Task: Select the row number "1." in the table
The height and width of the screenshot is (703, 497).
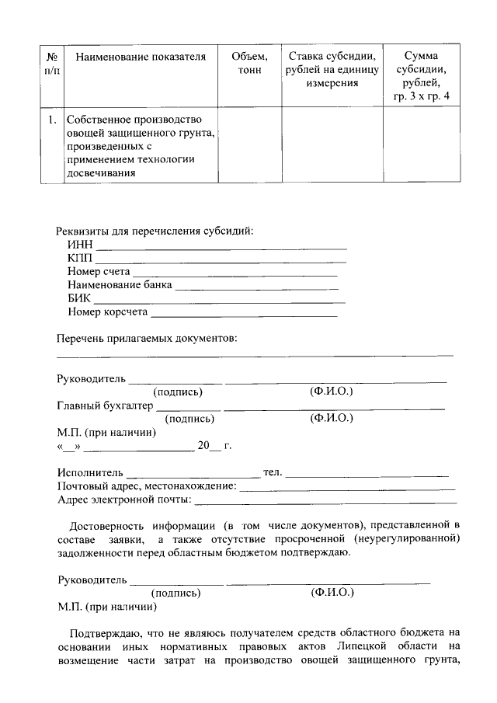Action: pos(51,120)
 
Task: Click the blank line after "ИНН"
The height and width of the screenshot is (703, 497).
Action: pos(221,246)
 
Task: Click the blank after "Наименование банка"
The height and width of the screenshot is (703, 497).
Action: pos(257,287)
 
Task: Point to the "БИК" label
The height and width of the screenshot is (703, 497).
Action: pos(78,299)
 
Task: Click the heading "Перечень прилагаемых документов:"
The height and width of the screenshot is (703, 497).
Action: pos(147,339)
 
